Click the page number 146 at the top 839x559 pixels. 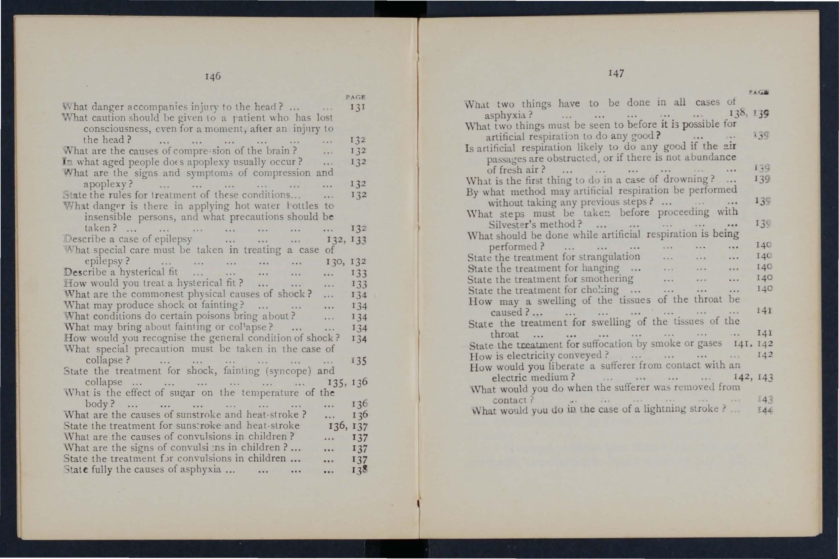(213, 76)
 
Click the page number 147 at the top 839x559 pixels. (616, 73)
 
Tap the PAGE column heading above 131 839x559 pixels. (355, 97)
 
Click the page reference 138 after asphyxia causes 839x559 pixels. (359, 470)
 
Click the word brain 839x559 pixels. (278, 150)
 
